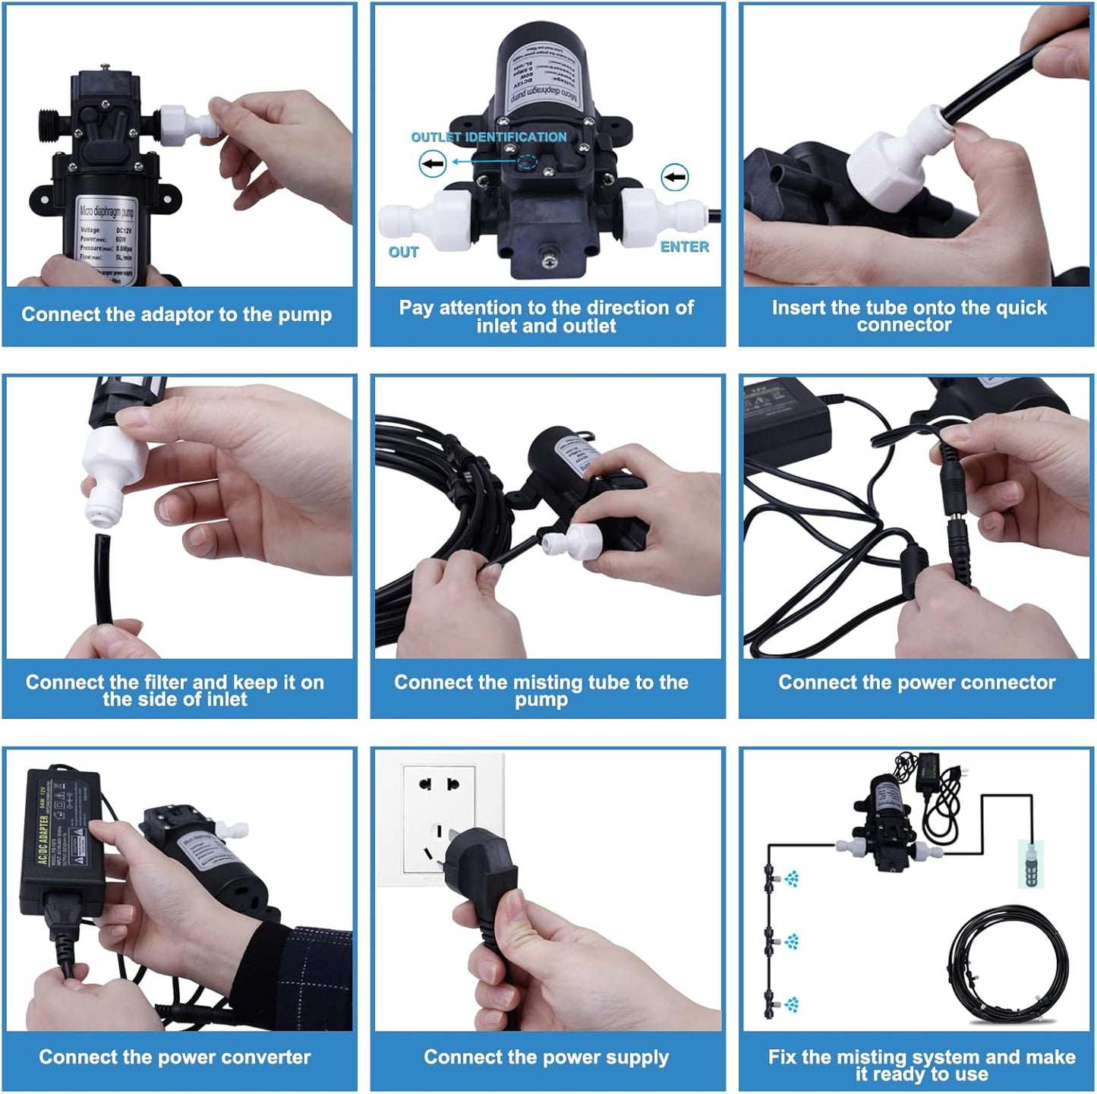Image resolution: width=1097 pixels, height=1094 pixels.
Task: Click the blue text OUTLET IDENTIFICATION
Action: pyautogui.click(x=488, y=137)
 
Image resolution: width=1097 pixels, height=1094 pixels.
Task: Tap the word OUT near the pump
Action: pyautogui.click(x=403, y=252)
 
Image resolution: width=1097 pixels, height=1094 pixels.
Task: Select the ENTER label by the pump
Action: pyautogui.click(x=684, y=247)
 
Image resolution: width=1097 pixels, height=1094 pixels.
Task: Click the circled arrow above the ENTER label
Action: pyautogui.click(x=674, y=178)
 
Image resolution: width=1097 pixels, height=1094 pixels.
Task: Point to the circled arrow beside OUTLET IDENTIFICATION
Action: pyautogui.click(x=433, y=163)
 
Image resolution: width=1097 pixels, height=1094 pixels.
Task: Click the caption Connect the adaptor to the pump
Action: pyautogui.click(x=176, y=314)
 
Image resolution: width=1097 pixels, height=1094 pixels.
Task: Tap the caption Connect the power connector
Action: pyautogui.click(x=916, y=683)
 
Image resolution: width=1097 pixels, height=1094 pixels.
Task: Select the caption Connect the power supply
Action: pyautogui.click(x=546, y=1057)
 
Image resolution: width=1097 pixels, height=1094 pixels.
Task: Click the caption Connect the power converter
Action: pyautogui.click(x=175, y=1057)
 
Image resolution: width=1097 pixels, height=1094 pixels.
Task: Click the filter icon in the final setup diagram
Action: pyautogui.click(x=1031, y=863)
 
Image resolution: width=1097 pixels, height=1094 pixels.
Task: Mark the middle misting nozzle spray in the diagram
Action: pyautogui.click(x=792, y=942)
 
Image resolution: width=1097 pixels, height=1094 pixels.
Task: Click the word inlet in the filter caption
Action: pyautogui.click(x=228, y=699)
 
